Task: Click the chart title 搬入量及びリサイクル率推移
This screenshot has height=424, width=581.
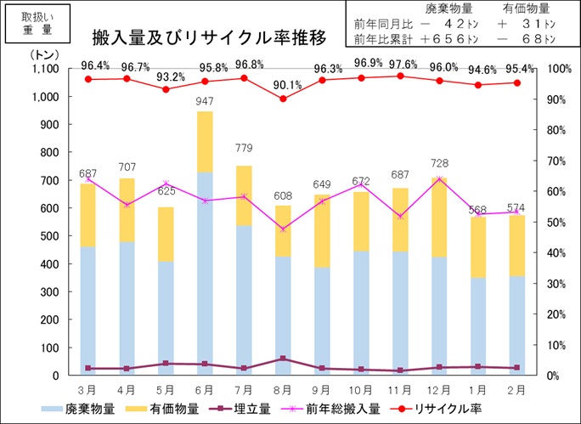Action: click(209, 38)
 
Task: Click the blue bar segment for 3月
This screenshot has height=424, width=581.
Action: click(87, 310)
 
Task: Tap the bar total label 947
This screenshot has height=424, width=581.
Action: click(204, 102)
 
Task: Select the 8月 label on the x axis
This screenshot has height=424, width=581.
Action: click(284, 389)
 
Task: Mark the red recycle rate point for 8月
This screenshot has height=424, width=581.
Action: click(284, 99)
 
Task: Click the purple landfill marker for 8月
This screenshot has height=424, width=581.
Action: click(284, 359)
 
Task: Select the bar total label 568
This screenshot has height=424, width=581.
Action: click(478, 210)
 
